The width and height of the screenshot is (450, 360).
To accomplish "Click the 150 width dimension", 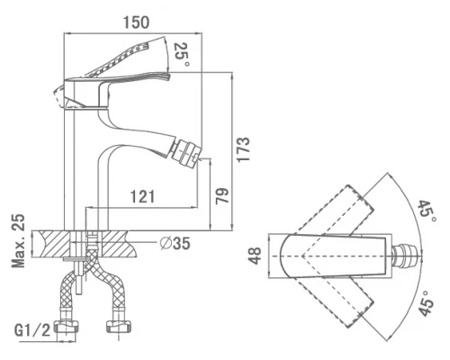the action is (x=136, y=22).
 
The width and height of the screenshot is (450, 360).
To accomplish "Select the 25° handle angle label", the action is (x=182, y=55).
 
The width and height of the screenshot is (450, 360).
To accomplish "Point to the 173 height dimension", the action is (x=243, y=149).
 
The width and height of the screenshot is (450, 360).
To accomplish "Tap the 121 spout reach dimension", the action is (x=142, y=196).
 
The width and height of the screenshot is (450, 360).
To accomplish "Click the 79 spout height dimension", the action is (x=222, y=196).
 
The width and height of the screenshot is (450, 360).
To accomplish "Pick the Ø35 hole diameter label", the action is (x=175, y=243).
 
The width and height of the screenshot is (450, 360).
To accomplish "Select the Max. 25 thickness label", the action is (x=18, y=240).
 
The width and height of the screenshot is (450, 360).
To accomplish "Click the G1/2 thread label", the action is (x=32, y=330).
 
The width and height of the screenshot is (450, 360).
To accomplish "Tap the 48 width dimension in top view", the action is (x=256, y=256).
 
